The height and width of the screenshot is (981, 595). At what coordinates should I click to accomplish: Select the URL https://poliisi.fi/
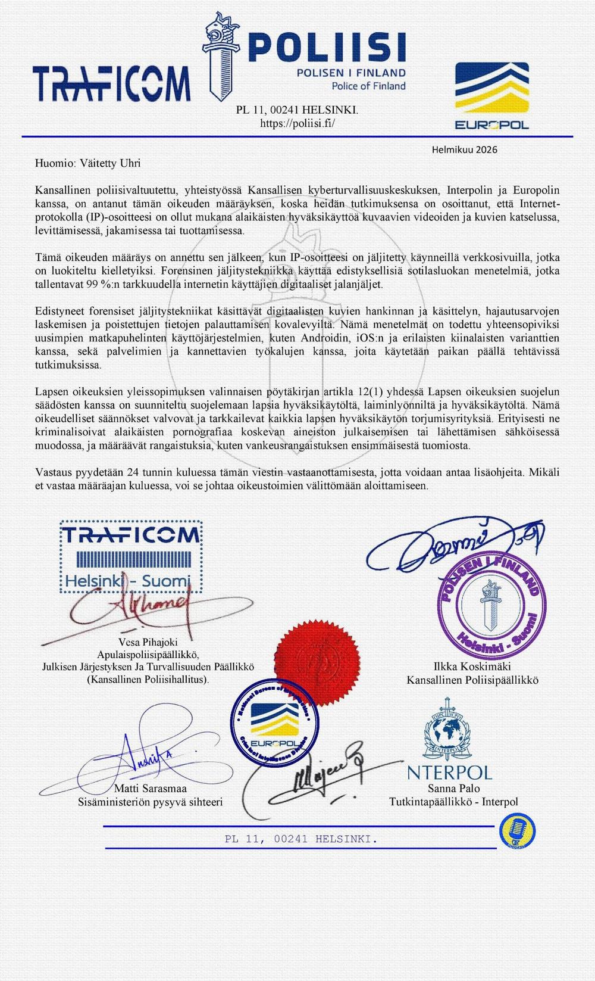click(x=297, y=123)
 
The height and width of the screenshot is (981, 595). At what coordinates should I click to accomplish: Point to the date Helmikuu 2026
click(x=465, y=150)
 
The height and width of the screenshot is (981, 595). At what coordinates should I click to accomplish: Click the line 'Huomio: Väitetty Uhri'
click(x=88, y=163)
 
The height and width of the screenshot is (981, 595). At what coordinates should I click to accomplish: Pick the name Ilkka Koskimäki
click(x=472, y=666)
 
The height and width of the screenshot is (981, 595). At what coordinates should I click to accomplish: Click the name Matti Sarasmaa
click(x=150, y=789)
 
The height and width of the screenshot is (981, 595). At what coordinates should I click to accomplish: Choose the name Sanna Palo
click(x=453, y=789)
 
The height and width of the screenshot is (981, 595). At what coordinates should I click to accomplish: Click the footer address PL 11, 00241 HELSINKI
click(x=300, y=839)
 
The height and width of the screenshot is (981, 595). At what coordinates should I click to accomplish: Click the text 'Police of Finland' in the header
click(x=368, y=86)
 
